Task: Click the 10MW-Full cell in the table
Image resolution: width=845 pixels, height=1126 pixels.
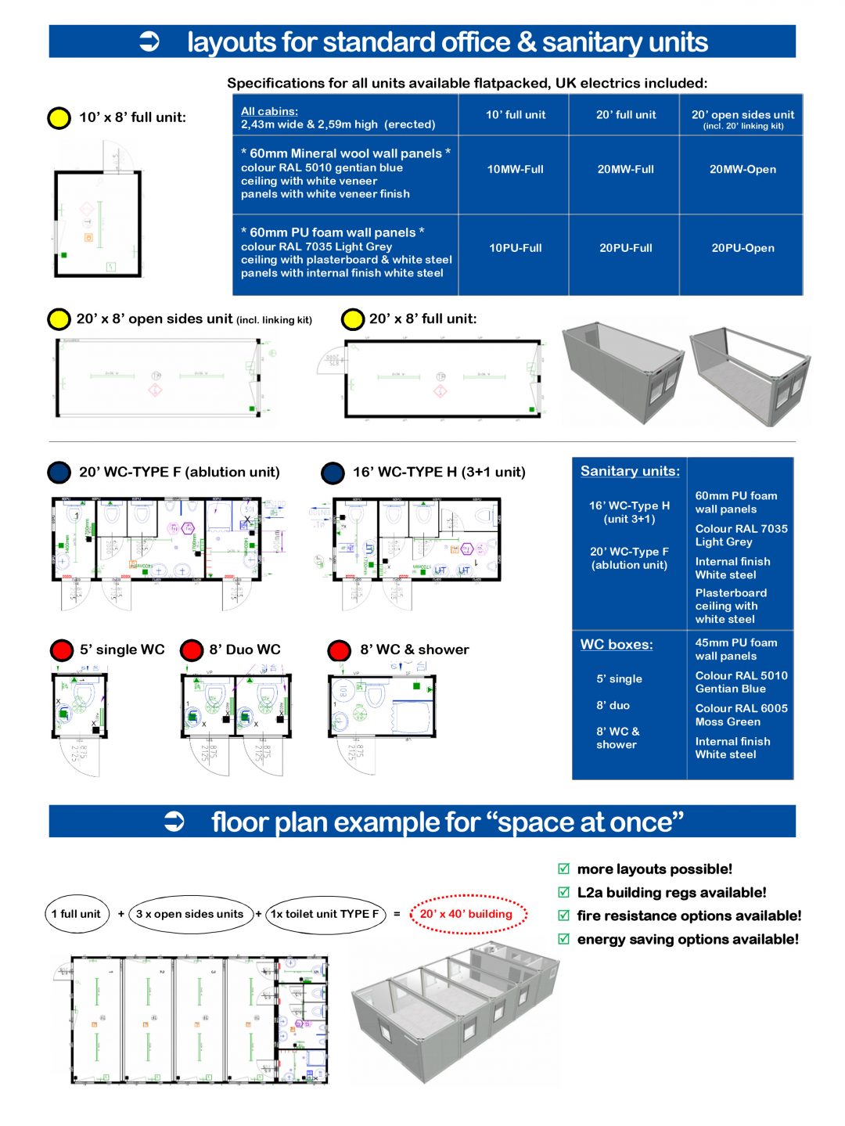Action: (x=515, y=169)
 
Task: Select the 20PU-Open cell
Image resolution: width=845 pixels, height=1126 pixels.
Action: (x=743, y=248)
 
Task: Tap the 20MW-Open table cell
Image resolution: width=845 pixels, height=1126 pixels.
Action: (x=743, y=169)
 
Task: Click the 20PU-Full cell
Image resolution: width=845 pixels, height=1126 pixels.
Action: (x=625, y=248)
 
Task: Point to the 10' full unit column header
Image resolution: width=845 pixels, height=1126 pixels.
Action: (x=515, y=115)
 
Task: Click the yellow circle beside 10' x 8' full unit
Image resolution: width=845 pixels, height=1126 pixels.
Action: (x=59, y=118)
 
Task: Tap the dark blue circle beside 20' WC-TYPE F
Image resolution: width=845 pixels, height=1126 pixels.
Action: (x=59, y=473)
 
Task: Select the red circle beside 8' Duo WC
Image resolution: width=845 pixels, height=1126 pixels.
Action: (x=192, y=650)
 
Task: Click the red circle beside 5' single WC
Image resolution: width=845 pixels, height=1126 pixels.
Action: (x=62, y=650)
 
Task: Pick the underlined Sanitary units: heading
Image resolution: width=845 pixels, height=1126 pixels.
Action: (x=630, y=471)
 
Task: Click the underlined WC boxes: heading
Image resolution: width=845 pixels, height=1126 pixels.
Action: (x=617, y=645)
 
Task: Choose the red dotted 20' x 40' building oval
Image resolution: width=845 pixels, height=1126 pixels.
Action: (x=468, y=914)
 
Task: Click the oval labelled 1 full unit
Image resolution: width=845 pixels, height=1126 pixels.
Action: (x=76, y=914)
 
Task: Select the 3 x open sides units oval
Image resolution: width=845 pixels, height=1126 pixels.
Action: (x=190, y=914)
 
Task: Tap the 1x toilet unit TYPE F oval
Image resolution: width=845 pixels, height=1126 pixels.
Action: (x=325, y=914)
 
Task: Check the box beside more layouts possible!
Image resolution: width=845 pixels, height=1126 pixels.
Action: (x=563, y=869)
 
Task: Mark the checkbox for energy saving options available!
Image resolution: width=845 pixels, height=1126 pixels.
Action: (x=563, y=939)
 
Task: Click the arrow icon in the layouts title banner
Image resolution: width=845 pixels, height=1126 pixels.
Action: (x=149, y=41)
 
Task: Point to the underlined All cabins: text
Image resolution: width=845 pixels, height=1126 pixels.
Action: (x=269, y=112)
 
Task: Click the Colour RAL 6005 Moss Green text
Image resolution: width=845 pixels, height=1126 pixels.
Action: (x=741, y=715)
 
